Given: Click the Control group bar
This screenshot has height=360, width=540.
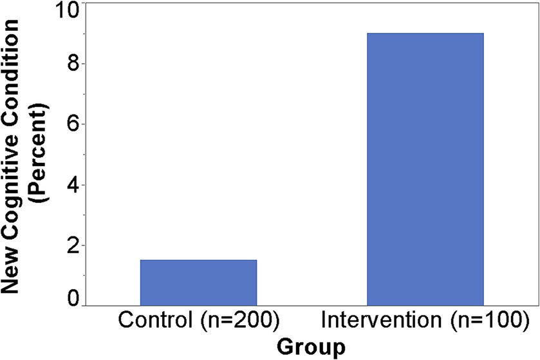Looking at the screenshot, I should (x=198, y=283).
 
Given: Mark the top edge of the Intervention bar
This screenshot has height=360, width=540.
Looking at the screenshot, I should (x=425, y=33).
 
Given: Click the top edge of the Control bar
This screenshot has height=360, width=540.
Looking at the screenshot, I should (x=198, y=260).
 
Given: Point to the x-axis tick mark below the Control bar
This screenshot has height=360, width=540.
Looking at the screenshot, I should (x=198, y=308).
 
